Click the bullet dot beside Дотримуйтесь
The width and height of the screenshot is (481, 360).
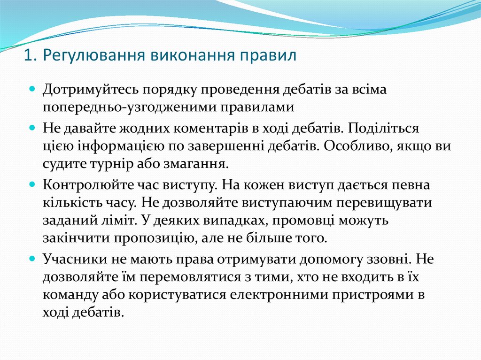[32, 88]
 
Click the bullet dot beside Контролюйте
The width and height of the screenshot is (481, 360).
[32, 185]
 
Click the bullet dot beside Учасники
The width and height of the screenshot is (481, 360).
[32, 259]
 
